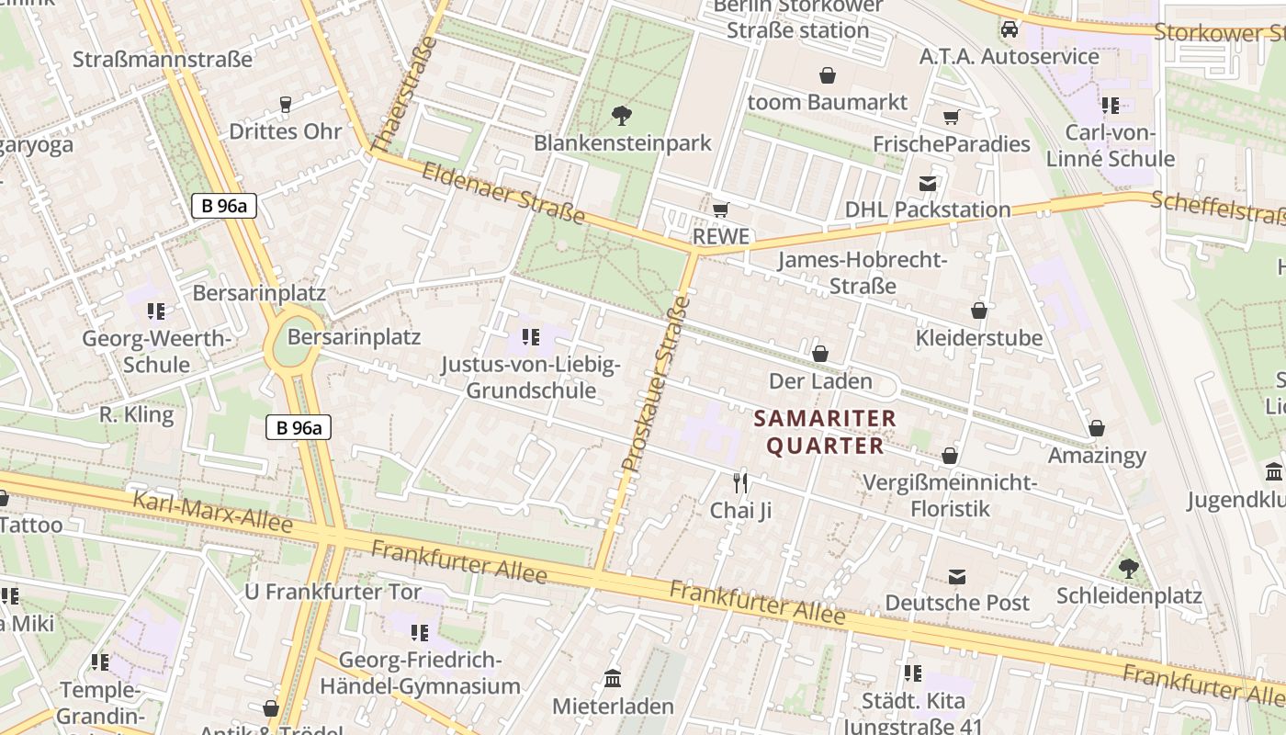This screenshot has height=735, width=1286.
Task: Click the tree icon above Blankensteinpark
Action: pyautogui.click(x=622, y=116)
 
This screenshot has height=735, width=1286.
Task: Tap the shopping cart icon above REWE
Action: pyautogui.click(x=721, y=210)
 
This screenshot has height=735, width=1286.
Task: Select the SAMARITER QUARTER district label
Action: pyautogui.click(x=825, y=433)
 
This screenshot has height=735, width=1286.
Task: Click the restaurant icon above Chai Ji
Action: pyautogui.click(x=740, y=482)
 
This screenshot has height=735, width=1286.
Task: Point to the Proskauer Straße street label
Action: pyautogui.click(x=655, y=385)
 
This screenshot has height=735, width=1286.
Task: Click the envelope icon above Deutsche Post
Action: pyautogui.click(x=957, y=576)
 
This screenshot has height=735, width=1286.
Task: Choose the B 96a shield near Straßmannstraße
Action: pyautogui.click(x=224, y=205)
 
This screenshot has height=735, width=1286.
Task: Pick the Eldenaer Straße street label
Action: pyautogui.click(x=503, y=192)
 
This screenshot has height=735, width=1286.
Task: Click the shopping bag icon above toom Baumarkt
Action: pyautogui.click(x=828, y=74)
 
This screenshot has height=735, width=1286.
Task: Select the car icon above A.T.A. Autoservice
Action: pyautogui.click(x=1009, y=29)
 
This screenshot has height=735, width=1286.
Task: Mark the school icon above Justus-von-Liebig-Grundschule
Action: pyautogui.click(x=530, y=337)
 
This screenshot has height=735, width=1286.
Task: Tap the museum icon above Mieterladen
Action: pyautogui.click(x=613, y=679)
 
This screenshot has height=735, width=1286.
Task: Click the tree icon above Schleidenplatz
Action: pyautogui.click(x=1129, y=569)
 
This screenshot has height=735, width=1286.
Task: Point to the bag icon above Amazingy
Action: pyautogui.click(x=1097, y=428)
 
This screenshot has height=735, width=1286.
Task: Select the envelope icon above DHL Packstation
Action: pyautogui.click(x=928, y=183)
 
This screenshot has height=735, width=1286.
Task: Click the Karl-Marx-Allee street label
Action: pyautogui.click(x=213, y=513)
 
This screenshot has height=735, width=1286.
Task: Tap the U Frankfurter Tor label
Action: pyautogui.click(x=333, y=592)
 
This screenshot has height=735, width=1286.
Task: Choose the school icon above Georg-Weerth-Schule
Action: pyautogui.click(x=156, y=311)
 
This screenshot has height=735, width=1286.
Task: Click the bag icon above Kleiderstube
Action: pyautogui.click(x=979, y=311)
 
